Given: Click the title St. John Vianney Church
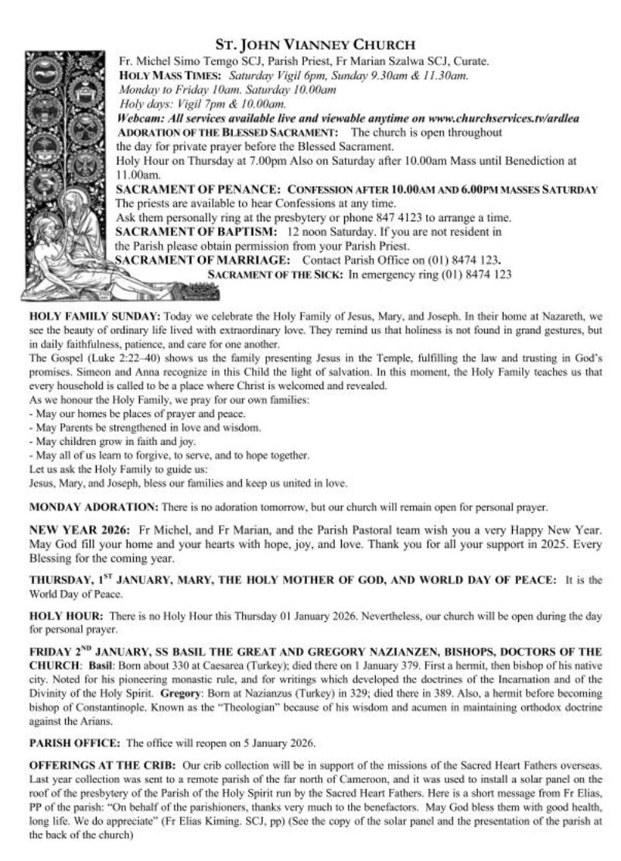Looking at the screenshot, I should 317,45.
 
